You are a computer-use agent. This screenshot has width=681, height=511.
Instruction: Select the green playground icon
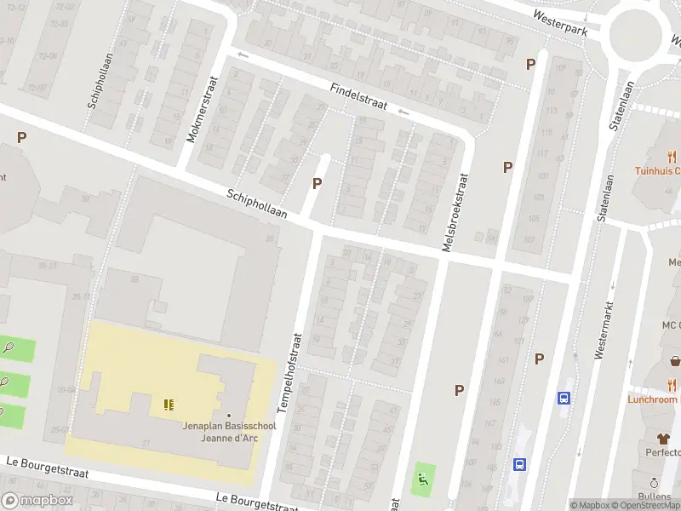pos(421,479)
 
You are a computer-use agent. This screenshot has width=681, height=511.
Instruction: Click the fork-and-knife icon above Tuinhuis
pos(672,157)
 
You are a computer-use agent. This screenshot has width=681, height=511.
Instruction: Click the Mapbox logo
pos(36,501)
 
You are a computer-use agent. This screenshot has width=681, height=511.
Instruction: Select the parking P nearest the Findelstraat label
pos(318,182)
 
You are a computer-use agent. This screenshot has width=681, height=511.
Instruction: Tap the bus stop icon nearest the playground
pos(519,465)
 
